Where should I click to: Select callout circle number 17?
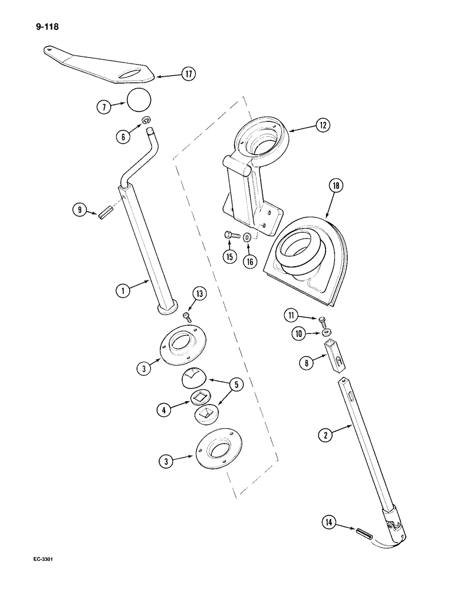(188, 74)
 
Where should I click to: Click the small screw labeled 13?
(188, 317)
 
